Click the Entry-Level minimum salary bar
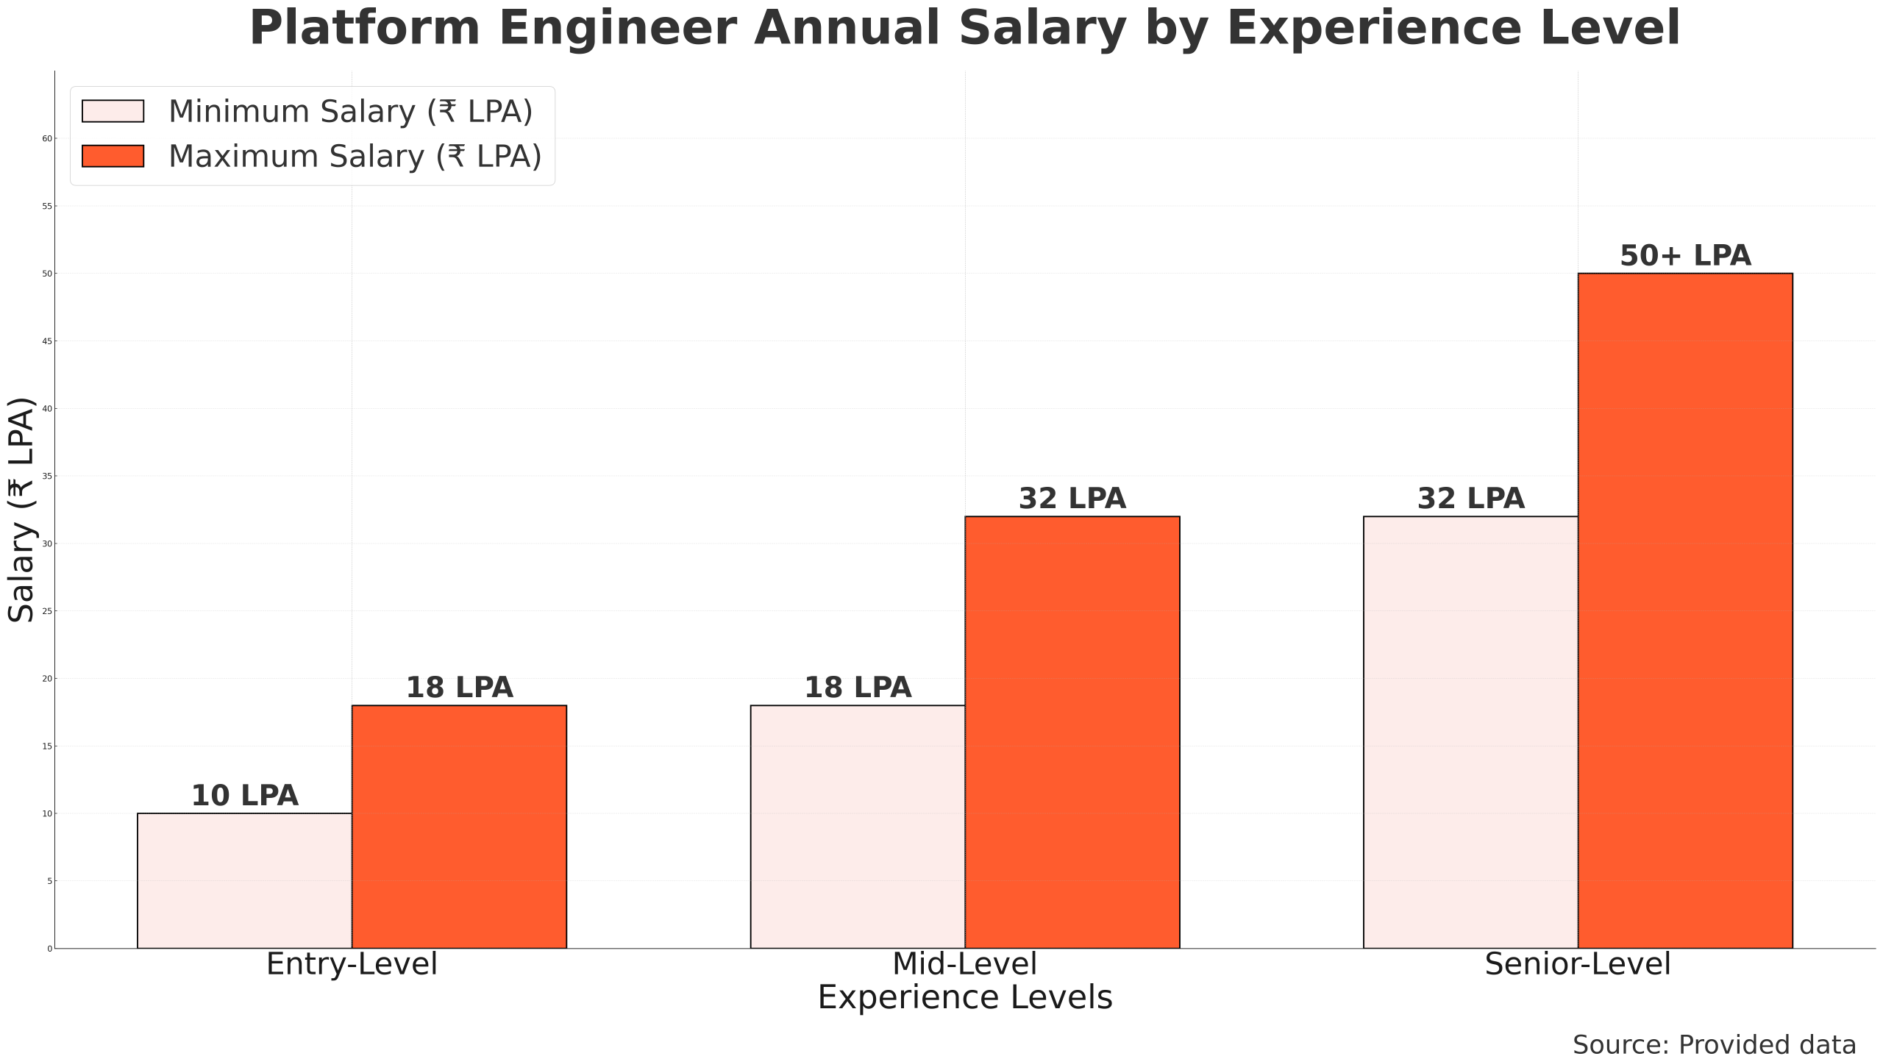point(244,880)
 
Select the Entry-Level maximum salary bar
point(459,827)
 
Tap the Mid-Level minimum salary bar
point(858,827)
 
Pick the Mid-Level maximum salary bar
point(1072,732)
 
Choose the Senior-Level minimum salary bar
point(1470,732)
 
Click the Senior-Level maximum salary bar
point(1685,610)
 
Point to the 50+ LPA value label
point(1685,256)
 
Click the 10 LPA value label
point(244,796)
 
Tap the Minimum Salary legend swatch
point(113,111)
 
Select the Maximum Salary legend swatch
point(113,156)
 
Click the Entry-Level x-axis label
point(352,964)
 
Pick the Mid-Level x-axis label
point(964,964)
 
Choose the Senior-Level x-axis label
point(1578,964)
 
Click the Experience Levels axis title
point(964,998)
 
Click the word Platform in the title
point(365,29)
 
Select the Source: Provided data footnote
point(1714,1044)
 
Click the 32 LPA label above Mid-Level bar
point(1072,499)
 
